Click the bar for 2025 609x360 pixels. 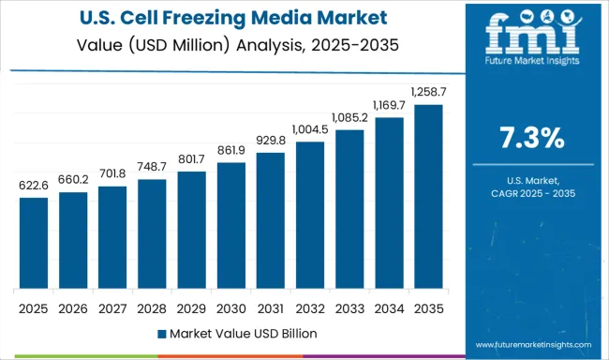[x=33, y=244]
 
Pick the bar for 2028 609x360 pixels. [x=152, y=234]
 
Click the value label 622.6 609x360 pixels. [x=33, y=186]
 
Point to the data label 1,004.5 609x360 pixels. [x=309, y=129]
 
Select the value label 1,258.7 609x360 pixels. [x=428, y=91]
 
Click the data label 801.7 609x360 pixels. [x=191, y=159]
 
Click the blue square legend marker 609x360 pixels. [x=162, y=333]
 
